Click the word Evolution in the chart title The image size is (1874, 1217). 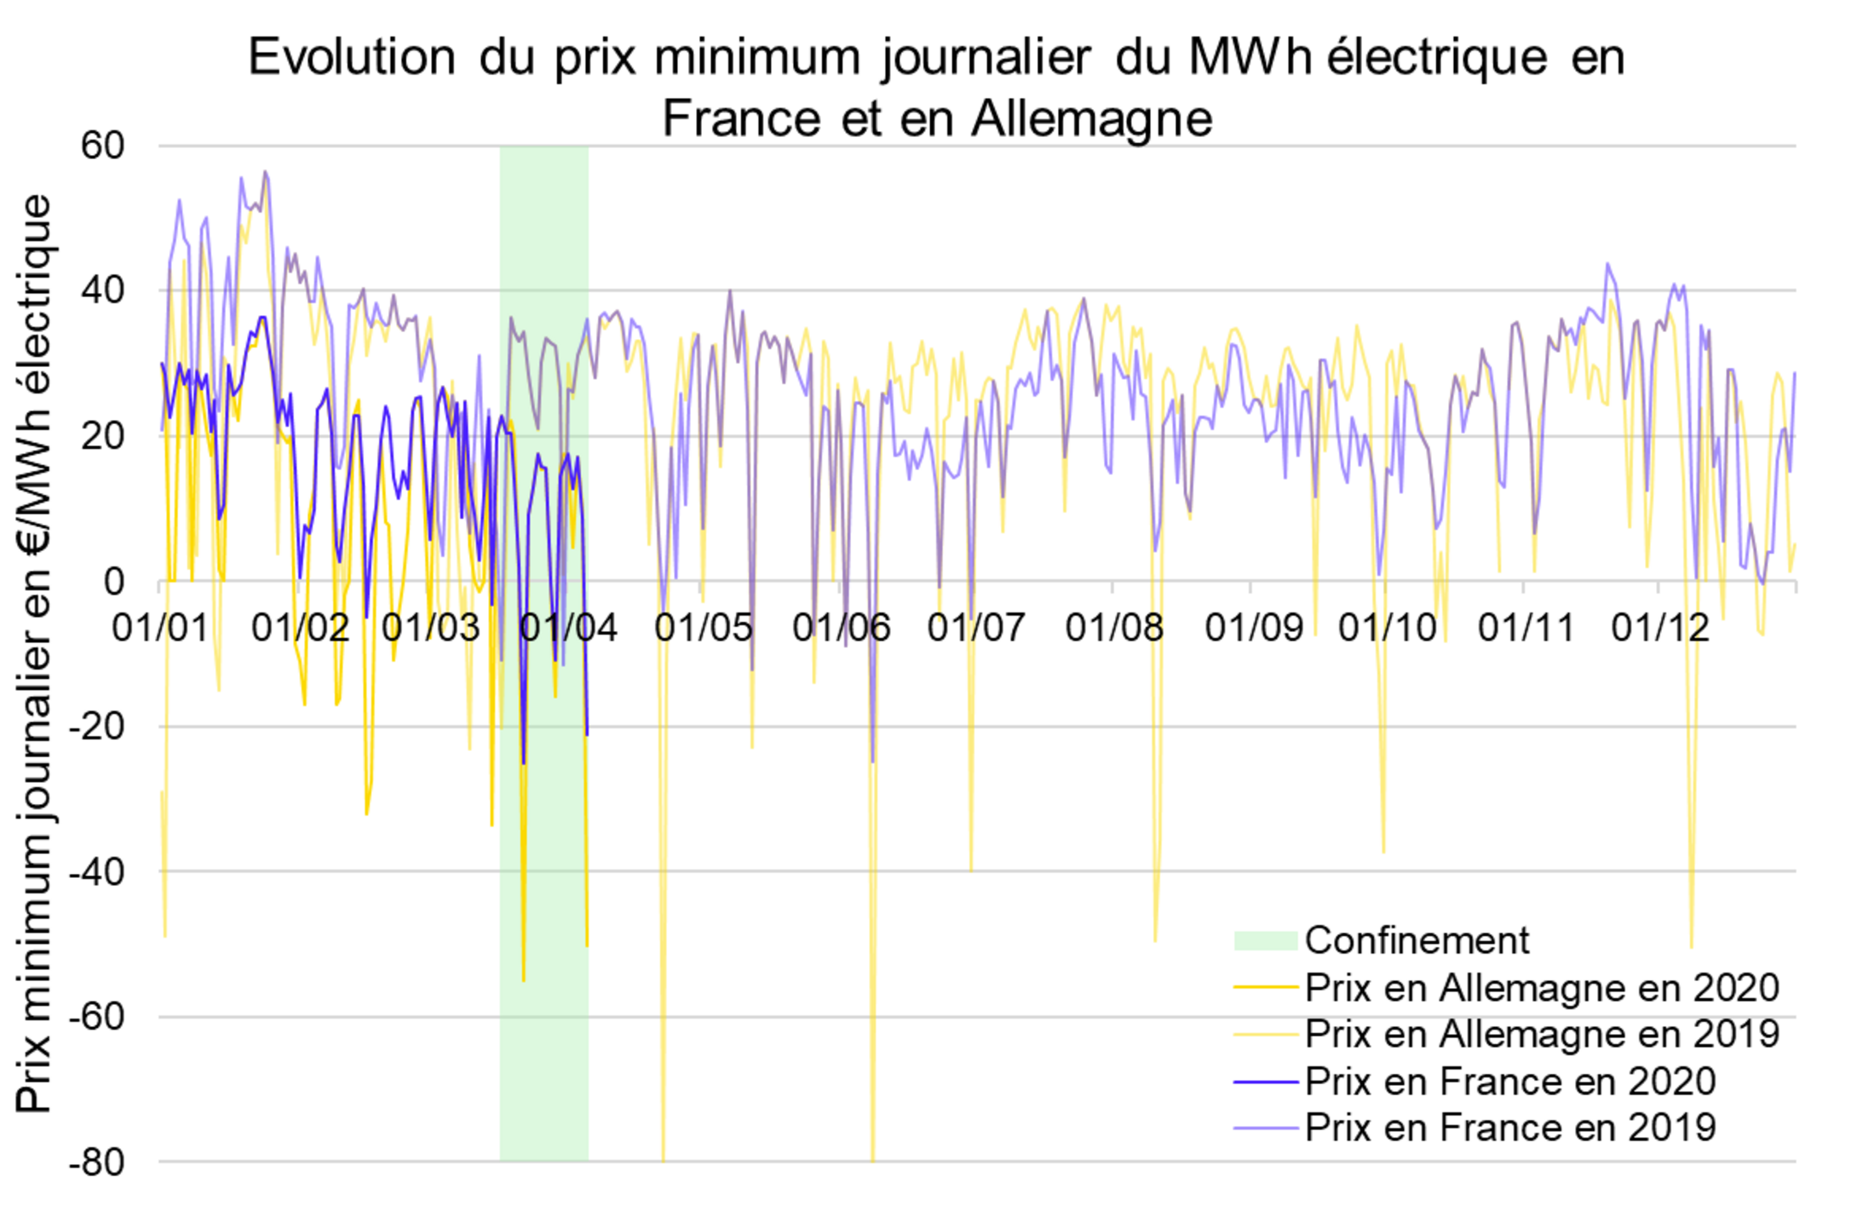point(352,58)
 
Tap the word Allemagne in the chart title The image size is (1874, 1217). point(1091,118)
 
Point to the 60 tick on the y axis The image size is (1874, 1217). point(103,146)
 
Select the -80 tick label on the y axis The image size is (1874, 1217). point(96,1162)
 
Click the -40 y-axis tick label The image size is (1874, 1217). point(96,872)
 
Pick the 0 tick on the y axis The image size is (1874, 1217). point(114,582)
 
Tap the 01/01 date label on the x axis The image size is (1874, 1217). point(160,629)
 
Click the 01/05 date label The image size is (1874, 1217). point(704,629)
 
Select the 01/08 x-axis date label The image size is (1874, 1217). point(1114,629)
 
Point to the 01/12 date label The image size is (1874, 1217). point(1660,629)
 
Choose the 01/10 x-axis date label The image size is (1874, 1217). point(1388,629)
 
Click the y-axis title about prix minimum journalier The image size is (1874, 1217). point(35,654)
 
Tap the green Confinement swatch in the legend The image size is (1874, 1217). point(1265,940)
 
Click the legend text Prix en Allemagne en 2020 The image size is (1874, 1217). point(1542,988)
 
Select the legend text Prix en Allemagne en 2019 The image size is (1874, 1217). point(1542,1035)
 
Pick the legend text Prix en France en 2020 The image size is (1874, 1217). point(1510,1082)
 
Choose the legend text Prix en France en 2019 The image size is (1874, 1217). point(1510,1128)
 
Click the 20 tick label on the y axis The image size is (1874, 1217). point(103,436)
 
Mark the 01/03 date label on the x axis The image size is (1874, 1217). point(431,629)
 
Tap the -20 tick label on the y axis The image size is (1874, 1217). point(96,726)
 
